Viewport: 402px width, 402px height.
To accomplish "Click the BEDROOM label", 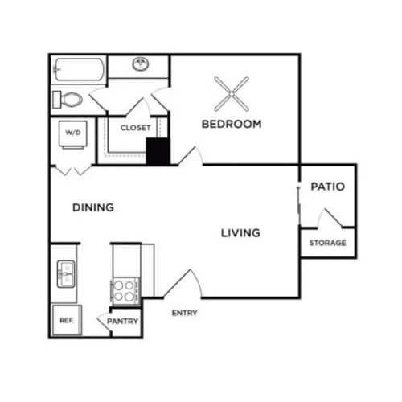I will [232, 124].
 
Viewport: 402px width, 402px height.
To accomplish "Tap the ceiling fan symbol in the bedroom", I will [232, 94].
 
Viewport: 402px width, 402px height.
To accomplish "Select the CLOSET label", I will [136, 128].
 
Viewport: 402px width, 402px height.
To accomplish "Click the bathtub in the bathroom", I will [78, 69].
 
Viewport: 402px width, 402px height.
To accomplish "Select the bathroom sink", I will [140, 64].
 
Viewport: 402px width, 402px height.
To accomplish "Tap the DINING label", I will [93, 207].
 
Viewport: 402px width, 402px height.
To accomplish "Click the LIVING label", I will [240, 233].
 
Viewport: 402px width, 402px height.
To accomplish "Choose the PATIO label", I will [328, 187].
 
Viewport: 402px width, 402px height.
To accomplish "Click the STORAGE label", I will [327, 243].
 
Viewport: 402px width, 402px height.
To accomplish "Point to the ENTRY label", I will [184, 313].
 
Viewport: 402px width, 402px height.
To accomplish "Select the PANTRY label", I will [123, 322].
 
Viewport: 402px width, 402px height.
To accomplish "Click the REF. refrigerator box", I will [66, 320].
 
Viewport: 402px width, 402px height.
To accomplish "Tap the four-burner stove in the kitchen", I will [125, 290].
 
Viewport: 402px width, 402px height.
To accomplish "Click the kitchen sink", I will [65, 273].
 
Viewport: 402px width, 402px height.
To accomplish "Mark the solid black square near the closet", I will [156, 151].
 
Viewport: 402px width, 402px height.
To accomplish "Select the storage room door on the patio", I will [330, 218].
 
